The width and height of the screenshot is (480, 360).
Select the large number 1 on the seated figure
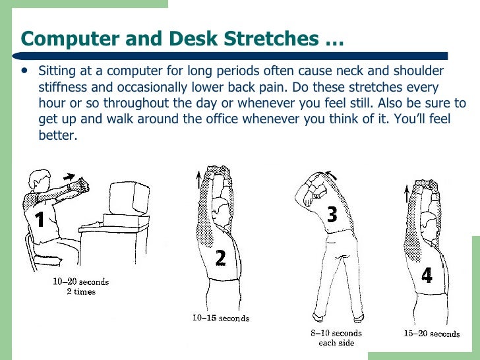coord(40,218)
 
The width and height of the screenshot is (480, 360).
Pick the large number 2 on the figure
coord(221,256)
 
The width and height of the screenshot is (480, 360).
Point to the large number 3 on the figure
coord(332,214)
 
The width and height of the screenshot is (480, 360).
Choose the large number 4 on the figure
coord(427,274)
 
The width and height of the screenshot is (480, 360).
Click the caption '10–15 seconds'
coord(221,318)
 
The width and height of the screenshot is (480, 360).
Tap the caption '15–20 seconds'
coord(431,334)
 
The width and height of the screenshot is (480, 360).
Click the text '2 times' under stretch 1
coord(81,292)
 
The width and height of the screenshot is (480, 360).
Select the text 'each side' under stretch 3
coord(336,343)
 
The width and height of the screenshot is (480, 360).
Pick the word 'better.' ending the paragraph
coord(58,136)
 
